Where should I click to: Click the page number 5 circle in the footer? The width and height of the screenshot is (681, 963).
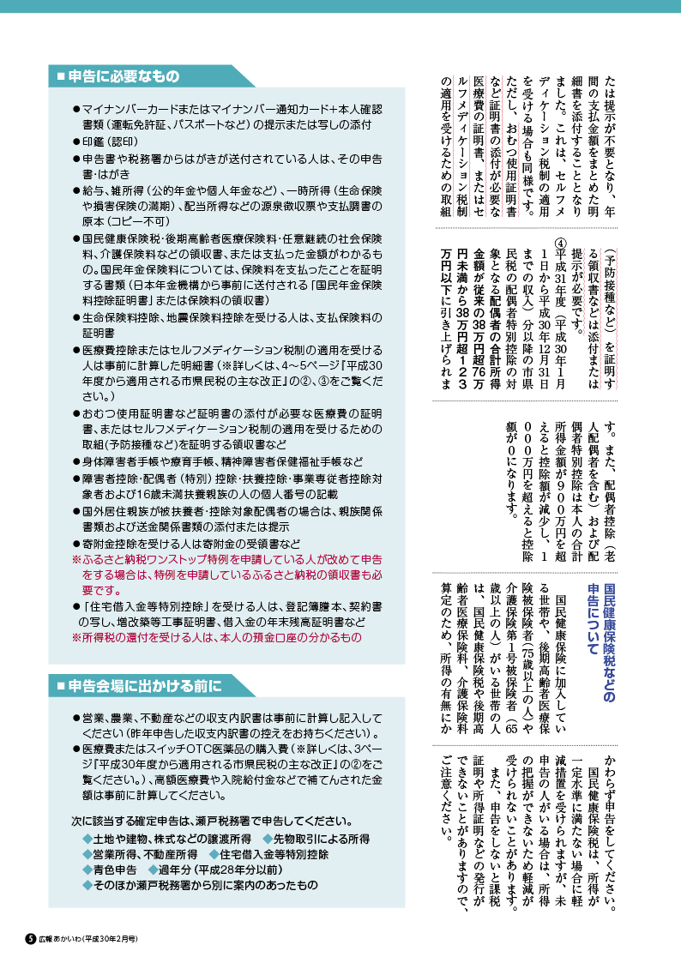28,938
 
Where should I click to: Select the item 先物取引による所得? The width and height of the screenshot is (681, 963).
316,837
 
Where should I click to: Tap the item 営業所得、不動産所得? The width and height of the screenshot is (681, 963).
145,852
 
